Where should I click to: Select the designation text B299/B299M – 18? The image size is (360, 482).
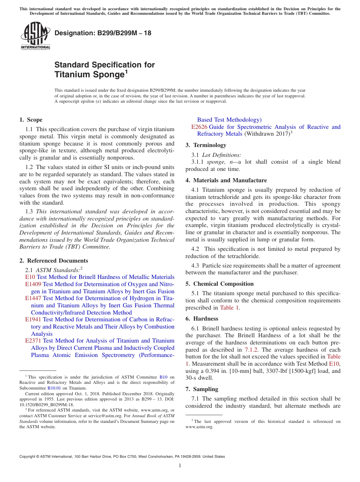(103, 33)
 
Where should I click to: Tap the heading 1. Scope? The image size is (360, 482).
(31, 120)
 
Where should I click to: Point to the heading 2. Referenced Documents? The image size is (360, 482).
(53, 261)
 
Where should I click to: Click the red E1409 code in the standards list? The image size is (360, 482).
(33, 284)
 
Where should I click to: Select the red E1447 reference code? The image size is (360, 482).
(33, 298)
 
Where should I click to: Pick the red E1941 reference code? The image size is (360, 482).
(33, 319)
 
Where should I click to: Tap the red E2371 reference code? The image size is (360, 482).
(33, 341)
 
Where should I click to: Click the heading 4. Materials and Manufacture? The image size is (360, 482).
(226, 180)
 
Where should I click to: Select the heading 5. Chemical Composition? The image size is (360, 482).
(219, 284)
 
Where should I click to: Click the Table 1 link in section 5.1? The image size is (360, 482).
(229, 308)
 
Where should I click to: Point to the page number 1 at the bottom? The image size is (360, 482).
(180, 466)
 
